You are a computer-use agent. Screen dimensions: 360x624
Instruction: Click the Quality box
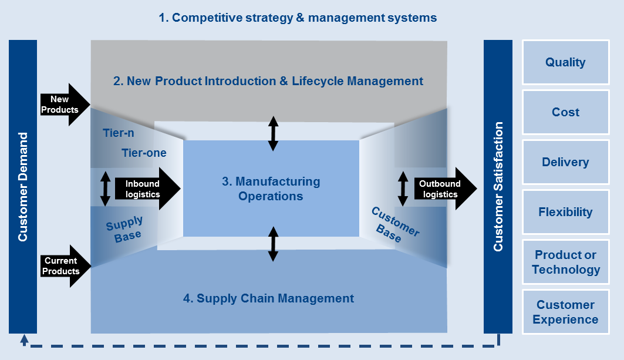coord(565,62)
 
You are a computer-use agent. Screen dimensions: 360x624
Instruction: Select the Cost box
coord(565,112)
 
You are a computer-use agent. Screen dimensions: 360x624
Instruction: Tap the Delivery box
coord(565,162)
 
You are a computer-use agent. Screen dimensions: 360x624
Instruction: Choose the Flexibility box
coord(565,212)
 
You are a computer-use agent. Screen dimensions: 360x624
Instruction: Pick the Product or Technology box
coord(565,262)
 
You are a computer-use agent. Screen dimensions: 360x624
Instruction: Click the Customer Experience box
coord(565,312)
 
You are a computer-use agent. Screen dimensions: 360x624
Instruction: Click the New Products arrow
coord(63,105)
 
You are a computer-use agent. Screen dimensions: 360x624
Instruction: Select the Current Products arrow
coord(63,266)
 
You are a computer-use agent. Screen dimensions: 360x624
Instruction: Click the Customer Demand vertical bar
coord(23,187)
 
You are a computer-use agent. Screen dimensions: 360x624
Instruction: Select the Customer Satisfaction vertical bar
coord(498,187)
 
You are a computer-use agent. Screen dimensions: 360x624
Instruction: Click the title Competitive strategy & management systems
coord(298,18)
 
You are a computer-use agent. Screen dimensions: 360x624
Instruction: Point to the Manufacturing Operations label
coord(271,189)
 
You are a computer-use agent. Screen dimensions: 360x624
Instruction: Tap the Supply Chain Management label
coord(268,298)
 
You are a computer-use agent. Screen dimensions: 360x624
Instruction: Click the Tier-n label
coord(119,133)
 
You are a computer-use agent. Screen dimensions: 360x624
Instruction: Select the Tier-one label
coord(144,153)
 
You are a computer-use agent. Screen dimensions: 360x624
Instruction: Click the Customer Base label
coord(394,224)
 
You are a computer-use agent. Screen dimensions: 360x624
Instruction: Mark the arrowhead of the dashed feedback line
coord(23,339)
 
